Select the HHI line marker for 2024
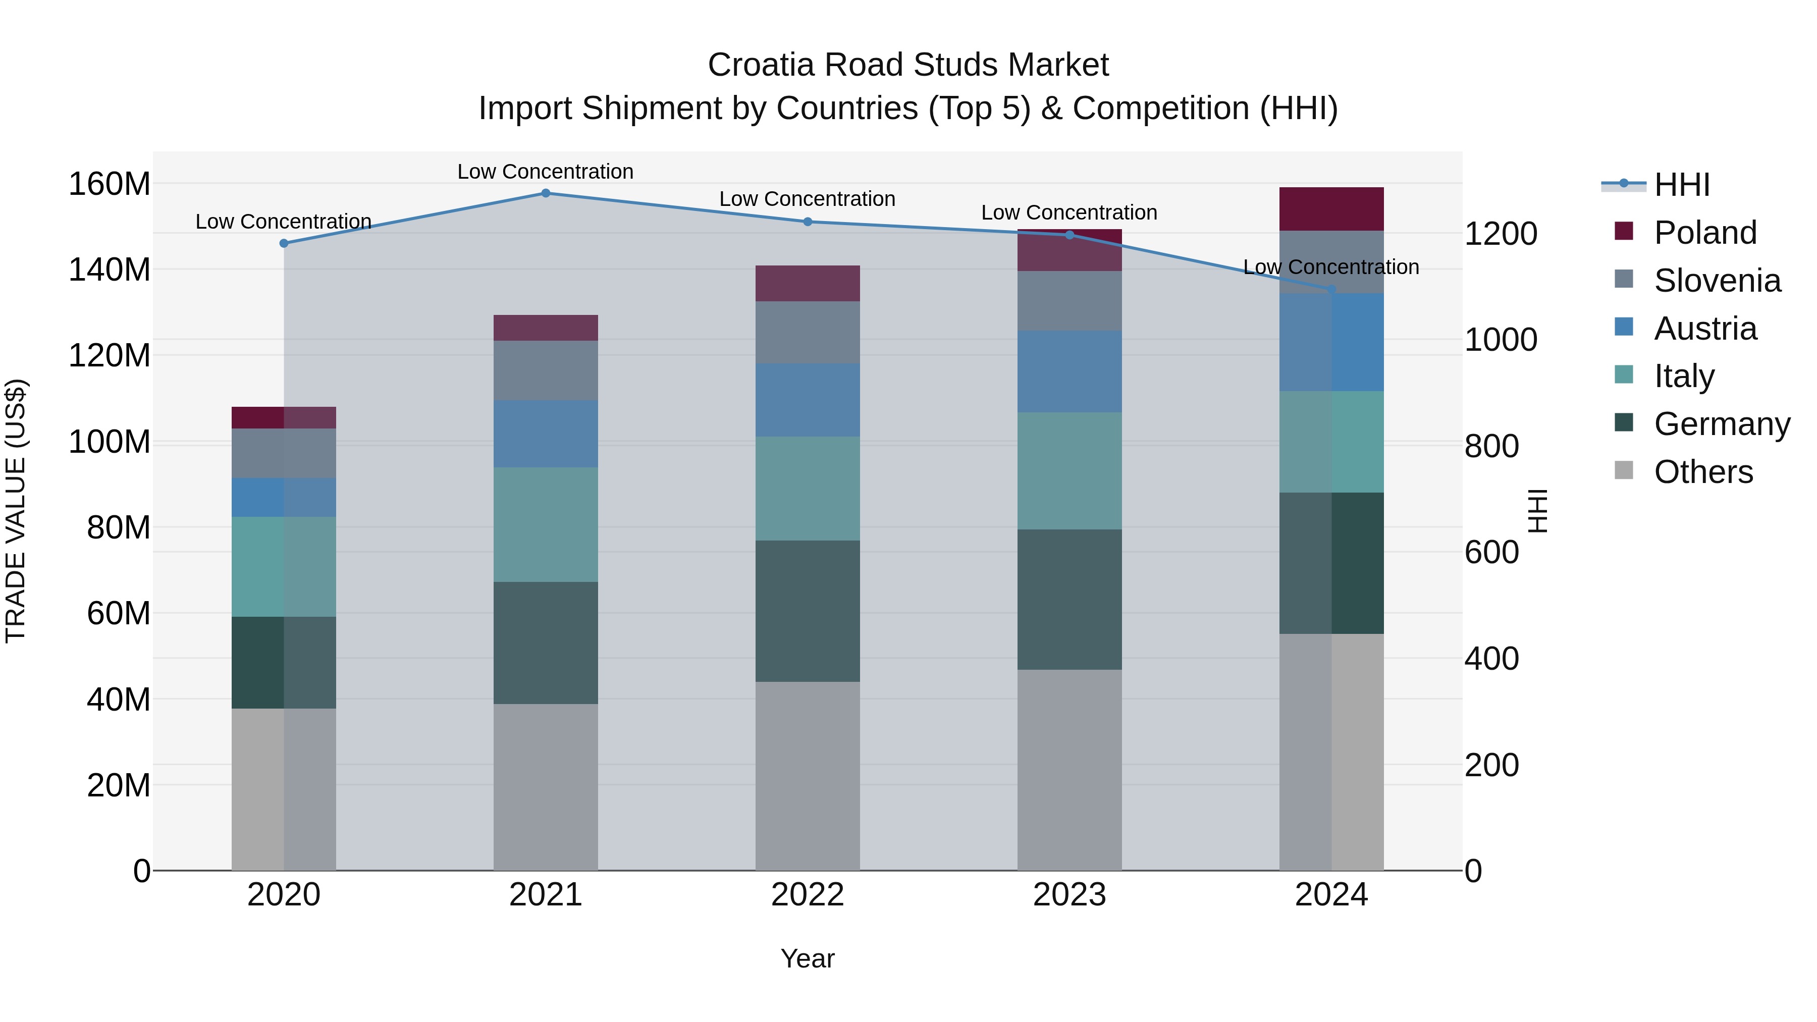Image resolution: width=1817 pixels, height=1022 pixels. pyautogui.click(x=1331, y=290)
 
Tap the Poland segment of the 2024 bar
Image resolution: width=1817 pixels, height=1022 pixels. pyautogui.click(x=1331, y=209)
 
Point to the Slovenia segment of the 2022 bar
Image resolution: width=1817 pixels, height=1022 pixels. pyautogui.click(x=808, y=332)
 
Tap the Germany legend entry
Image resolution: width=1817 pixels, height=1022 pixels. pyautogui.click(x=1721, y=424)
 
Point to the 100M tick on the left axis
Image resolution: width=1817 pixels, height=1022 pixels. pyautogui.click(x=110, y=442)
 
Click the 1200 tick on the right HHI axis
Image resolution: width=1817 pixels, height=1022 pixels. pyautogui.click(x=1501, y=234)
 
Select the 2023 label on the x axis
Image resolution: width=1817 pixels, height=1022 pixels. pyautogui.click(x=1070, y=895)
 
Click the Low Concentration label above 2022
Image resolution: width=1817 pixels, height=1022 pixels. pyautogui.click(x=807, y=199)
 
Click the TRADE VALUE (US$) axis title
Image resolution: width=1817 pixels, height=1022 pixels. pyautogui.click(x=16, y=511)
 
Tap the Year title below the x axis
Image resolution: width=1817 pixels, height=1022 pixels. pyautogui.click(x=807, y=958)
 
